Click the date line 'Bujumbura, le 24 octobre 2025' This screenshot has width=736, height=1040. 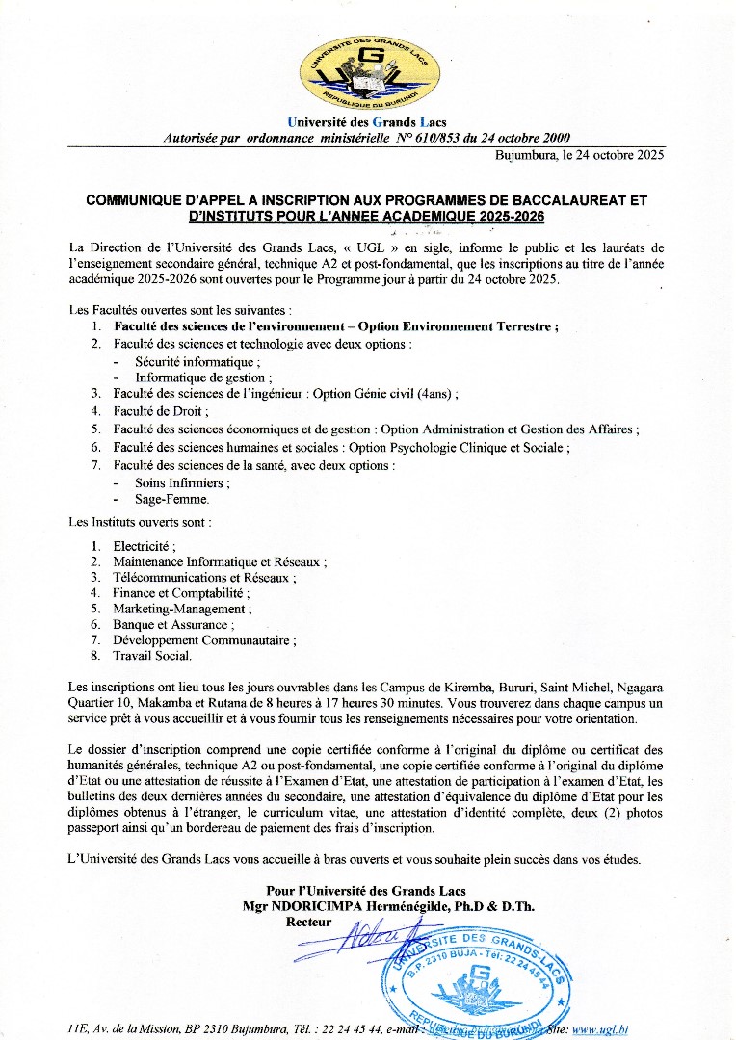tap(579, 155)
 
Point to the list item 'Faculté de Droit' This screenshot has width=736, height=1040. tap(160, 411)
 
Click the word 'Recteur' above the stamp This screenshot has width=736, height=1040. tap(308, 922)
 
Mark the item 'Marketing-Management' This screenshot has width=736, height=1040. tap(181, 609)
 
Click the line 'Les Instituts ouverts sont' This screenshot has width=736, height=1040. tap(141, 522)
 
